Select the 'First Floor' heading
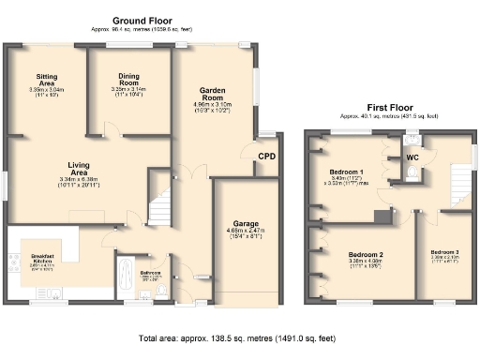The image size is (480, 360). pos(391,108)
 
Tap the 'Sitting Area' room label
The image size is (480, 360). pos(45,81)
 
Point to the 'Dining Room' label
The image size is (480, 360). pos(129,81)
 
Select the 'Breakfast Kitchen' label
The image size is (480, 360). pos(39,259)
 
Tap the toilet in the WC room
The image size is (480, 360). pos(414,144)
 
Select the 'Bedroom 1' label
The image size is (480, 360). pos(347,172)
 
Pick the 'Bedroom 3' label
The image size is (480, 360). pos(444,253)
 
